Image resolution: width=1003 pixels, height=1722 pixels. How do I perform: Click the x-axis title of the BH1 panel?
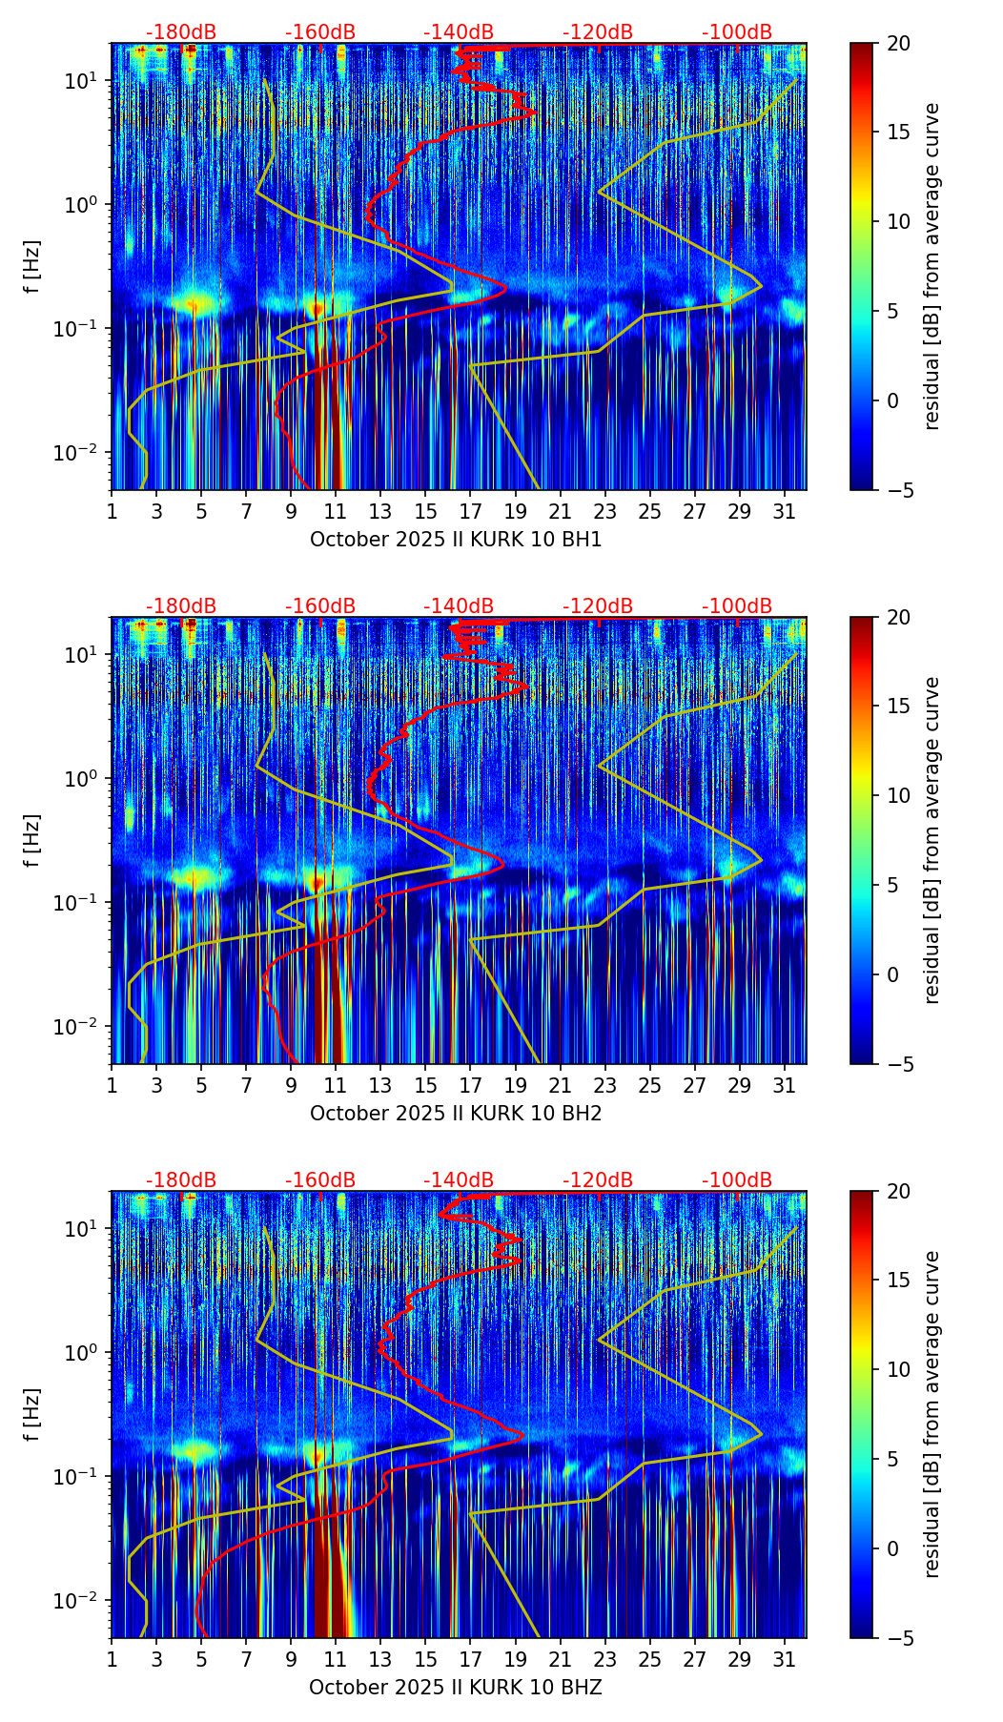pyautogui.click(x=456, y=540)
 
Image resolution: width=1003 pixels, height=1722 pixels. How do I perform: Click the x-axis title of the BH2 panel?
pyautogui.click(x=456, y=1114)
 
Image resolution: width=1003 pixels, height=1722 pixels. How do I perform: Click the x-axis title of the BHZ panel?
pyautogui.click(x=456, y=1688)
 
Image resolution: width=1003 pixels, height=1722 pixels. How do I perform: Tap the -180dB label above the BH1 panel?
pyautogui.click(x=181, y=32)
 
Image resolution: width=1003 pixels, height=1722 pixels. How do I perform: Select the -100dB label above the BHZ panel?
pyautogui.click(x=737, y=1180)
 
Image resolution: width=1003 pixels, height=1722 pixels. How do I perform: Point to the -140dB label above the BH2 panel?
pyautogui.click(x=459, y=606)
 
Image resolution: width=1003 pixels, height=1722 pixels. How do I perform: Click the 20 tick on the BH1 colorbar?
pyautogui.click(x=897, y=44)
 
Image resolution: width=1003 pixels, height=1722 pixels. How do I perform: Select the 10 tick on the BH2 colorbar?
pyautogui.click(x=897, y=795)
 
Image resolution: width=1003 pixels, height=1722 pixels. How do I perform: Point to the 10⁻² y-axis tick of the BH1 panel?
pyautogui.click(x=81, y=452)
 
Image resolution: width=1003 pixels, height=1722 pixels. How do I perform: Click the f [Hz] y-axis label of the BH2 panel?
pyautogui.click(x=32, y=840)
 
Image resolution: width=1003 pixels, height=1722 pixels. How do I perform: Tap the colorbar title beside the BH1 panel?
pyautogui.click(x=931, y=266)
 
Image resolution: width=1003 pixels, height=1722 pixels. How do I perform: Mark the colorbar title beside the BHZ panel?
pyautogui.click(x=931, y=1414)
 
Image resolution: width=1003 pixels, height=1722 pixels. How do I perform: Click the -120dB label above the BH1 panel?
pyautogui.click(x=598, y=32)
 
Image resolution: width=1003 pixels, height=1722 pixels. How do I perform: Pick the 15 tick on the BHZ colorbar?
pyautogui.click(x=897, y=1281)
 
